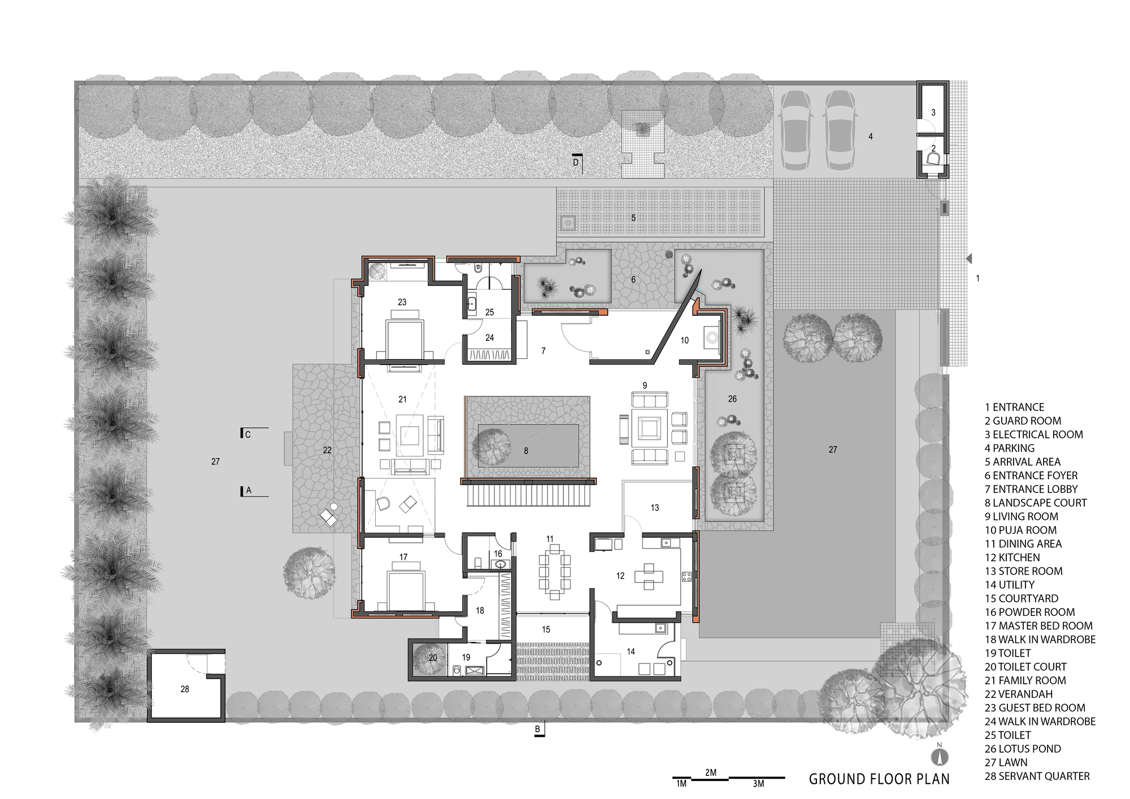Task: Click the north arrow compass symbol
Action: (x=940, y=757)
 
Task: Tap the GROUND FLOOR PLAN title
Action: (x=879, y=779)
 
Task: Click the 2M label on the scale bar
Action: (x=711, y=772)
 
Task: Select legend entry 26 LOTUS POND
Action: (x=1023, y=749)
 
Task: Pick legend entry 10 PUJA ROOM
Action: (x=1020, y=530)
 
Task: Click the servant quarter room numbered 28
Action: (x=185, y=689)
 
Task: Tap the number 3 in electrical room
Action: (x=933, y=112)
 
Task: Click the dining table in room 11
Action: (x=554, y=571)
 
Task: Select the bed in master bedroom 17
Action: (x=405, y=591)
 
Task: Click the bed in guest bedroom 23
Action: (x=404, y=338)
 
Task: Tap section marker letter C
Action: (x=247, y=435)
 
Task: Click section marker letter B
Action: (x=537, y=729)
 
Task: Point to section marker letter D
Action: (x=576, y=162)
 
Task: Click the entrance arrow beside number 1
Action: (x=969, y=259)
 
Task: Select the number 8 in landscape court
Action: (x=526, y=451)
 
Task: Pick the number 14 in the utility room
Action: (x=631, y=652)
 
